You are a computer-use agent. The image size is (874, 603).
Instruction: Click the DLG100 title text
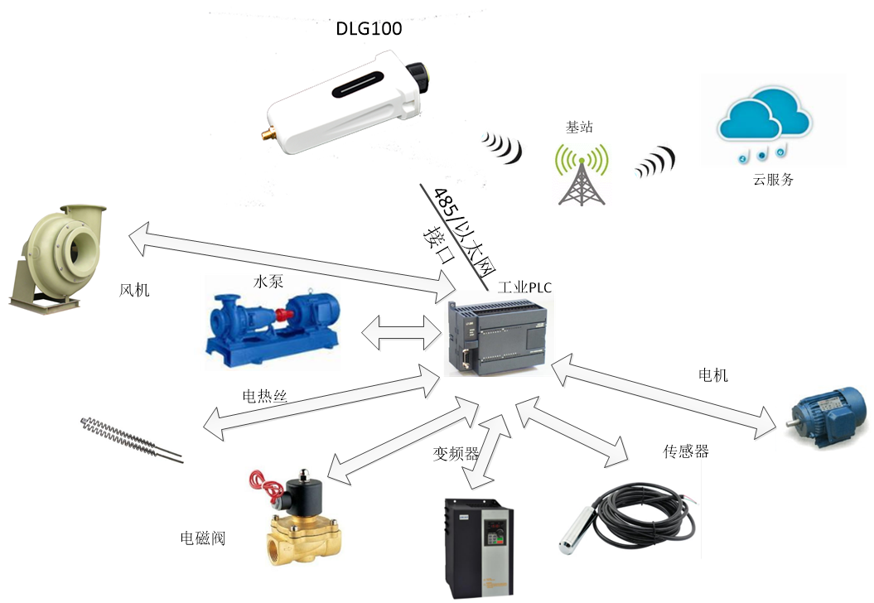click(x=369, y=30)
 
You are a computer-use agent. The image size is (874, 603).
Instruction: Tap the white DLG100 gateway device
click(x=353, y=100)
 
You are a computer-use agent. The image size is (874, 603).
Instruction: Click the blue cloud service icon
click(x=762, y=124)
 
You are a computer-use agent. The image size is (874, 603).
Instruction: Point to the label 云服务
click(x=773, y=179)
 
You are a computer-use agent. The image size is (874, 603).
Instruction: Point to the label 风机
click(x=134, y=290)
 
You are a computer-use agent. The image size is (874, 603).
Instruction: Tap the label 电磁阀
click(x=203, y=538)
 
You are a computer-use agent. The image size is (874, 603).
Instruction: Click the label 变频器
click(x=456, y=454)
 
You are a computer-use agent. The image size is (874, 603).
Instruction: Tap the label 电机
click(x=713, y=375)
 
